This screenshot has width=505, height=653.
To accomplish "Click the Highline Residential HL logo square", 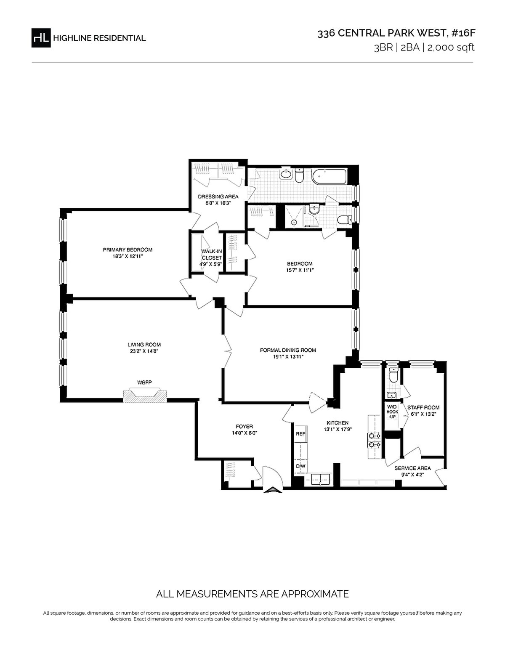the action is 41,37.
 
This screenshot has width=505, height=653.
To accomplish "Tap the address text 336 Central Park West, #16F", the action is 396,33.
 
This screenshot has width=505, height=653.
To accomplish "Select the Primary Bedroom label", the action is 128,250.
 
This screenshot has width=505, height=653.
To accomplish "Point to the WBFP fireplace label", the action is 144,382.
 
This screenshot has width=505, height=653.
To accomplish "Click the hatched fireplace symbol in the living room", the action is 145,395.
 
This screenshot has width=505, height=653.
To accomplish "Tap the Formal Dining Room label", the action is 288,350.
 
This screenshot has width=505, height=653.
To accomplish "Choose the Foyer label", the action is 244,426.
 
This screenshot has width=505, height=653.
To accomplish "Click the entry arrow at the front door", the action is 272,489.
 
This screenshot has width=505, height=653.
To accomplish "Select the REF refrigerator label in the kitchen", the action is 300,434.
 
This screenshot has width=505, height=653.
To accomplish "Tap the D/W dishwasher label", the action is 300,466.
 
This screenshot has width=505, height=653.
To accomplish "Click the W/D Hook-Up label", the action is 392,412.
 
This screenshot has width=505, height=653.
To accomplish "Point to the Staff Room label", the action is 423,407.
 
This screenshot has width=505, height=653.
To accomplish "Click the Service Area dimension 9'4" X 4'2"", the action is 412,475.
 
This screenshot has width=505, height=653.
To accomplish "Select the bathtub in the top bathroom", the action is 329,177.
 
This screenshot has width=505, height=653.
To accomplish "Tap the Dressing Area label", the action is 218,196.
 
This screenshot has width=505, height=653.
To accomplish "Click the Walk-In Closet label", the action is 212,255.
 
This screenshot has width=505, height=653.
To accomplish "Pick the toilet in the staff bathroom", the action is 393,376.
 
